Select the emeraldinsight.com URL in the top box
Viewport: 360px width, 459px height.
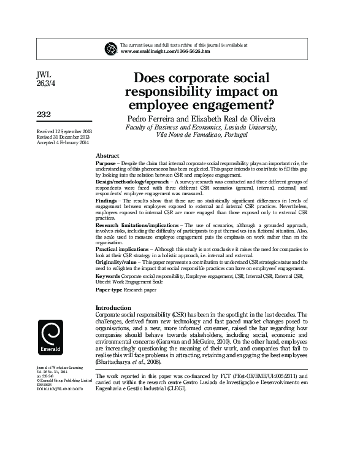point(165,52)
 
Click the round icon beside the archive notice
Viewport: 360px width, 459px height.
point(112,48)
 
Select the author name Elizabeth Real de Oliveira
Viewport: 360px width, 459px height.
point(230,118)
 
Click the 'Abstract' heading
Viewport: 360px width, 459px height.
point(108,156)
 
